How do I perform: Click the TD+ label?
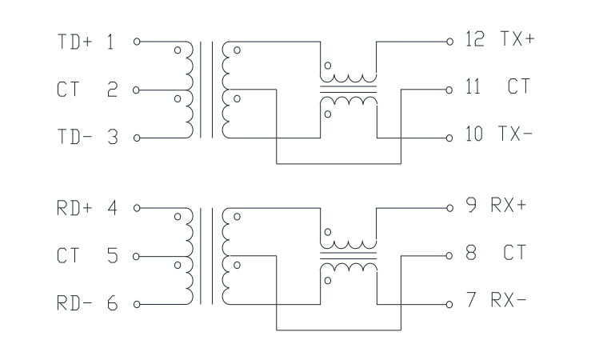click(74, 42)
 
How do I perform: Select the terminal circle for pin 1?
click(137, 42)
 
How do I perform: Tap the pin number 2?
click(112, 90)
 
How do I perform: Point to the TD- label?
click(74, 137)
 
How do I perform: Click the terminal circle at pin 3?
click(137, 138)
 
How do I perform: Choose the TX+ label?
click(517, 38)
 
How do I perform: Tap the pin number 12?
click(474, 39)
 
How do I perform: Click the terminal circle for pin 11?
click(449, 90)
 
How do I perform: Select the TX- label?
click(515, 134)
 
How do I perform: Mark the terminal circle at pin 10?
click(449, 138)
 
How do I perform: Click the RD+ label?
click(74, 208)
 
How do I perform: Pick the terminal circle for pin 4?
click(137, 208)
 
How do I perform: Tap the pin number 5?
click(112, 255)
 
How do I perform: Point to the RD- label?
click(74, 302)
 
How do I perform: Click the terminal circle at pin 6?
click(137, 304)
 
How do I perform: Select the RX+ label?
click(509, 205)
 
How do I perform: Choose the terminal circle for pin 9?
click(449, 208)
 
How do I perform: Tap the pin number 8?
click(471, 253)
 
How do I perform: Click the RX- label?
click(509, 300)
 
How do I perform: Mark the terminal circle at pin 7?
click(449, 304)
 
